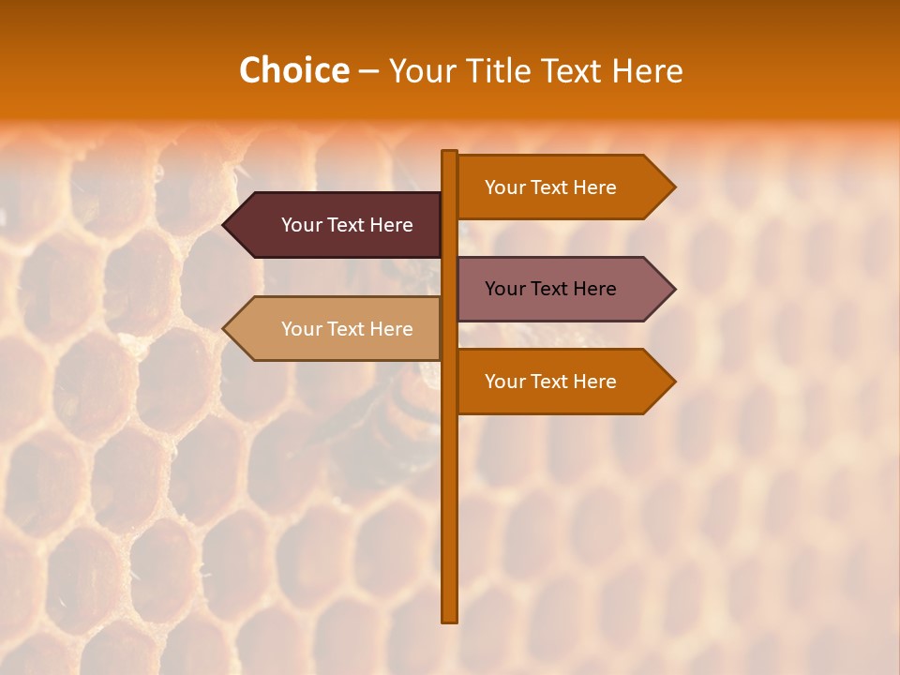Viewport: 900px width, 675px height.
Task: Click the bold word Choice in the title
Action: point(293,71)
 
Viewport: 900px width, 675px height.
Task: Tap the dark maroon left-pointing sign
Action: point(337,225)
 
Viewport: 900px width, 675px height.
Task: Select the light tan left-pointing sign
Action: point(337,329)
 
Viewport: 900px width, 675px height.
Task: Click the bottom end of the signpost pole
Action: point(450,619)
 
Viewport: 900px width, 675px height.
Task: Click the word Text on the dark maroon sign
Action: point(347,225)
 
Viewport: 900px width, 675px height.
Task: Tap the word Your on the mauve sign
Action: point(503,289)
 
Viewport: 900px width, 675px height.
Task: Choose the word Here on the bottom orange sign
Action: point(594,382)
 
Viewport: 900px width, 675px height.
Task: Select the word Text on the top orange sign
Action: point(550,187)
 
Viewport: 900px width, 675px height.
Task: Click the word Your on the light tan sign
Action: point(300,329)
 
